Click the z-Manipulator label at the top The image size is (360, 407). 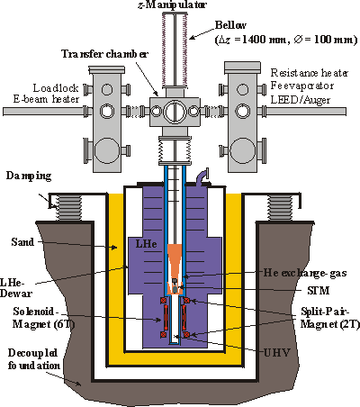(172, 5)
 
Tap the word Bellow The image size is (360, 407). (230, 25)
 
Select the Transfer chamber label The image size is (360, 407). (104, 54)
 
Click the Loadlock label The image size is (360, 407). (56, 88)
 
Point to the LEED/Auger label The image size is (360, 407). (301, 100)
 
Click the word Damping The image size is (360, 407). (29, 176)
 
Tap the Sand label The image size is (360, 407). (22, 242)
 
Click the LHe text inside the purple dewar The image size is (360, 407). (147, 243)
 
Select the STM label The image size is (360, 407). (319, 291)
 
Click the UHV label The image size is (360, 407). (277, 352)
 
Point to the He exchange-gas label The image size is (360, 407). (305, 273)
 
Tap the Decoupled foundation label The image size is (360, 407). (33, 359)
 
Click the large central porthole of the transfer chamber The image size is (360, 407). (175, 112)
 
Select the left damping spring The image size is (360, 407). (68, 208)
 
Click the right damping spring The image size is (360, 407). (280, 208)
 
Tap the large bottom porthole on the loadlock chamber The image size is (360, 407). (107, 150)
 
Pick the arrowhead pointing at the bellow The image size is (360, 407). (193, 38)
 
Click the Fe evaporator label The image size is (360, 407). (302, 86)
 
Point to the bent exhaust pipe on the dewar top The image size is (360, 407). (202, 176)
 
